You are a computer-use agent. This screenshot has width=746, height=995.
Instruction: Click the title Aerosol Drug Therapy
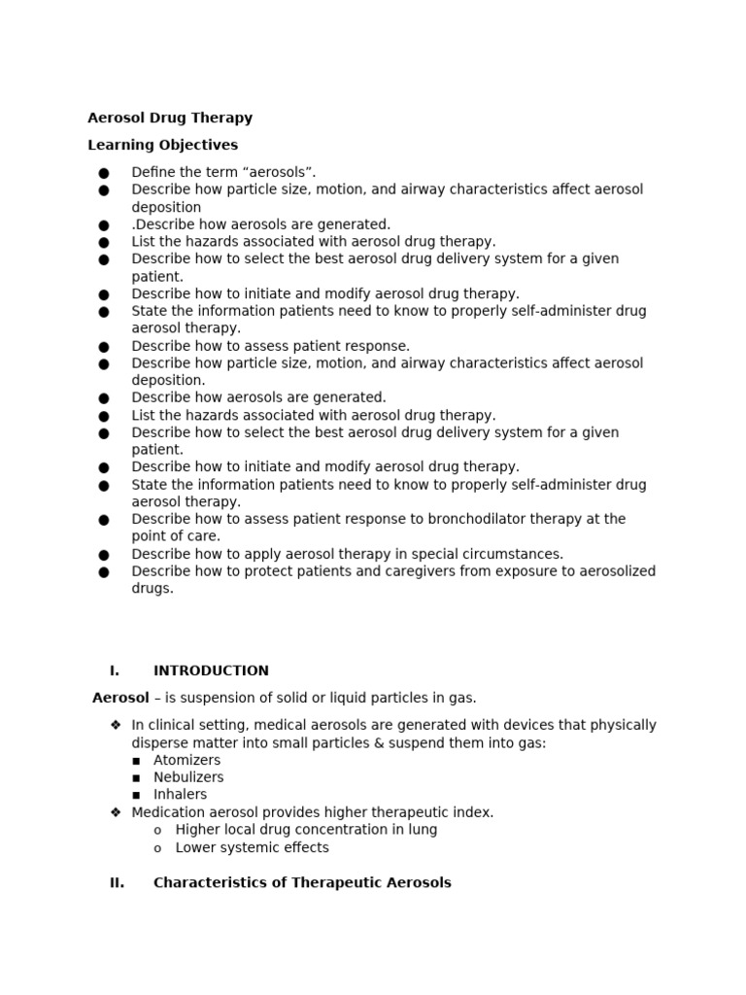170,118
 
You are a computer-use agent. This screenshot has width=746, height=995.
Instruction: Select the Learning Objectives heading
162,145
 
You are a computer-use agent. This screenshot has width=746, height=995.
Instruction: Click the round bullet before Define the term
104,173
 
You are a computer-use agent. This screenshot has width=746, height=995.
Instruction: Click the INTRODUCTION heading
211,670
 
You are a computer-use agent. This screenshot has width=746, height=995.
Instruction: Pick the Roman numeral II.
117,883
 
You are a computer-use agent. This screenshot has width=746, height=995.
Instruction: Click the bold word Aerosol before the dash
120,698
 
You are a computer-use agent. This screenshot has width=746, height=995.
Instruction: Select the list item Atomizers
186,760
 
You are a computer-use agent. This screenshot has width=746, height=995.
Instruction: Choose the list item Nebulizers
188,777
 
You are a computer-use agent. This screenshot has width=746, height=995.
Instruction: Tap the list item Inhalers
180,795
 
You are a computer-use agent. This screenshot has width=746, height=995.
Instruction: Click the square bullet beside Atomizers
136,761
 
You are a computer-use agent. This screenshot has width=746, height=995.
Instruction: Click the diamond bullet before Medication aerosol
116,812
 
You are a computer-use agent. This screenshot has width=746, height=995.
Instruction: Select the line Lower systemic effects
252,847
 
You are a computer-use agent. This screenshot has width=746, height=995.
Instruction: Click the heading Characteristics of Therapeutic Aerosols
302,883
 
